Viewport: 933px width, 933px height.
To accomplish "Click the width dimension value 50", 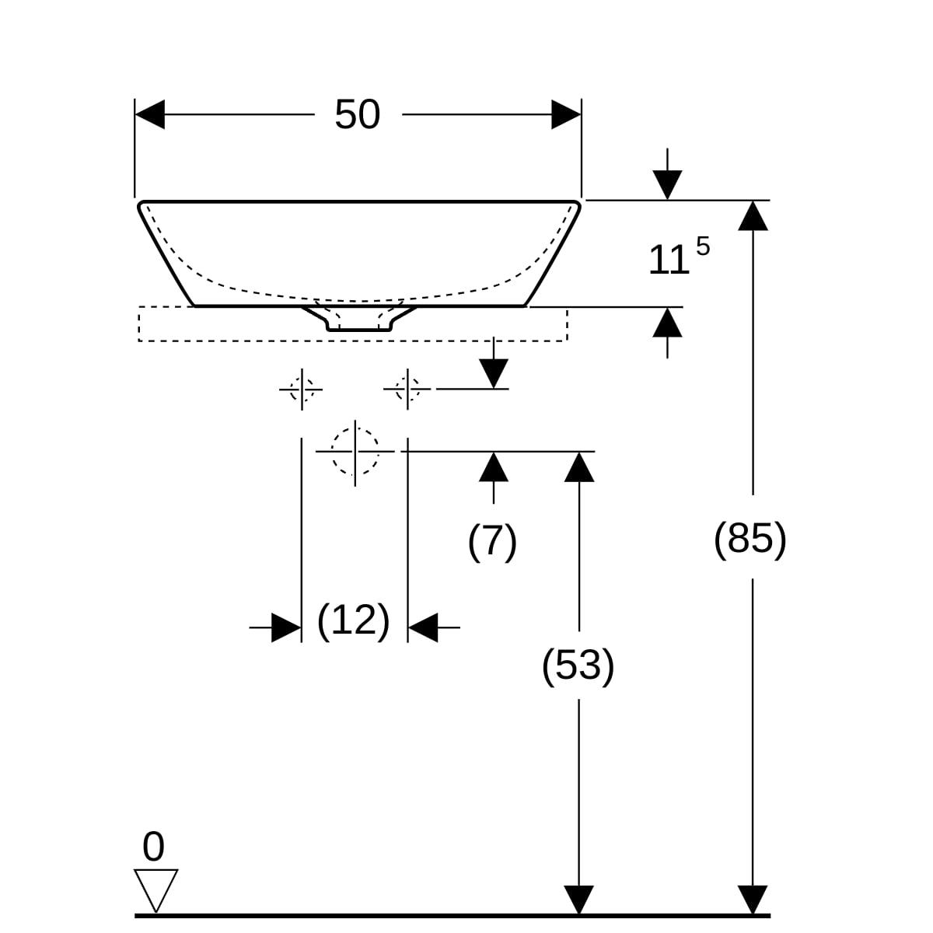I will point(357,115).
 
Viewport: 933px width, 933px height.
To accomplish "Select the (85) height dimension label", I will point(750,537).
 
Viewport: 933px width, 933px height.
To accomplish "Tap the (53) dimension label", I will point(578,665).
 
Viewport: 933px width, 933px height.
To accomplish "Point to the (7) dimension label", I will point(492,540).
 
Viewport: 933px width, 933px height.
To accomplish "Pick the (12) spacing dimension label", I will point(353,620).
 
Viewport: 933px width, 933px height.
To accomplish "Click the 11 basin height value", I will point(668,260).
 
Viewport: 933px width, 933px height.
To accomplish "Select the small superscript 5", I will point(703,247).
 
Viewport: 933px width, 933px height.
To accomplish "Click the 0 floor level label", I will point(154,847).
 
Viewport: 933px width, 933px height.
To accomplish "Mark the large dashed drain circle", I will point(355,451).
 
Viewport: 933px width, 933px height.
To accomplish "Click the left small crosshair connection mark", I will point(302,387).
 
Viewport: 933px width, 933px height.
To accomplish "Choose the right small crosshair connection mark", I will point(407,387).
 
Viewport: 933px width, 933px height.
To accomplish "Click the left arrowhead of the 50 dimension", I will point(150,115).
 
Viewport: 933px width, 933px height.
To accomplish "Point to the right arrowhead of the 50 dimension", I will point(566,115).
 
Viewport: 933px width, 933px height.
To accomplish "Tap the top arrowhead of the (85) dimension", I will point(753,215).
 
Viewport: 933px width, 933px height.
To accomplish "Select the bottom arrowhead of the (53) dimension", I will point(578,900).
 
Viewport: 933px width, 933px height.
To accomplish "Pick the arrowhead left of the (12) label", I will point(286,627).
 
